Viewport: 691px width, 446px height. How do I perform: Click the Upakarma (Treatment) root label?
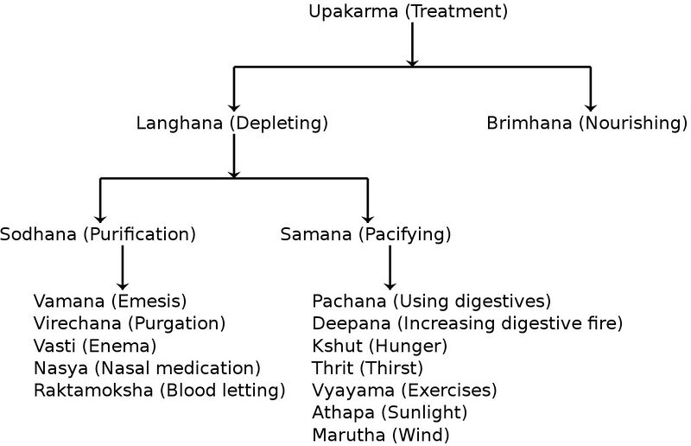[x=408, y=12]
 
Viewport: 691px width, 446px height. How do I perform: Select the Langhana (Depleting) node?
[x=232, y=123]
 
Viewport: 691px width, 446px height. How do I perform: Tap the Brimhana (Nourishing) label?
[x=586, y=123]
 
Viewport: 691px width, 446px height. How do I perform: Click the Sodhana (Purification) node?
[x=98, y=234]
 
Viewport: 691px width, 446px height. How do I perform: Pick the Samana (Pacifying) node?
[x=366, y=234]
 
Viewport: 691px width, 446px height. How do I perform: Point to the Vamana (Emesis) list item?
[x=111, y=301]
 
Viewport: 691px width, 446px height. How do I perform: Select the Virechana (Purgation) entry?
[x=130, y=323]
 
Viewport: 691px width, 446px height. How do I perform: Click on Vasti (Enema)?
[x=95, y=346]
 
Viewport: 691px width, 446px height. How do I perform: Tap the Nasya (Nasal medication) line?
[x=147, y=368]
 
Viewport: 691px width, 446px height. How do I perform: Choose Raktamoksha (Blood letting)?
[x=160, y=391]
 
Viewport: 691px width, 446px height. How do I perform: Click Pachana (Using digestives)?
[x=431, y=301]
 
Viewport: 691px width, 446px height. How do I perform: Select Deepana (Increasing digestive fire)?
[x=466, y=323]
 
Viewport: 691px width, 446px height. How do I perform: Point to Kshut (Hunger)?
[x=379, y=346]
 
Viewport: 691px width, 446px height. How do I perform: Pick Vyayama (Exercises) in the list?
[x=404, y=391]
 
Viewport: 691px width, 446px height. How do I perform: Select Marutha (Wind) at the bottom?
[x=381, y=435]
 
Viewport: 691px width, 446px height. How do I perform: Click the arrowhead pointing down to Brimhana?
[x=591, y=104]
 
